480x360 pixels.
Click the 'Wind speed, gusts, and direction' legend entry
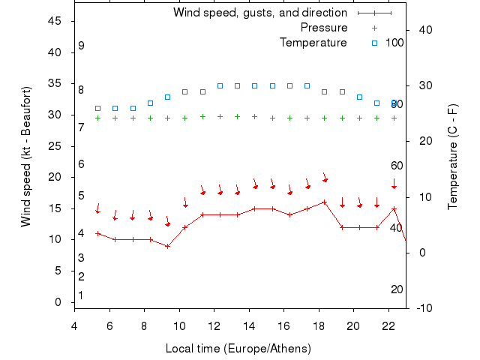tap(259, 13)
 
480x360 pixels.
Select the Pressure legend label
tap(323, 28)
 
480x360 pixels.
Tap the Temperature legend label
tap(313, 43)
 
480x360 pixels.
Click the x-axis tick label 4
tap(74, 325)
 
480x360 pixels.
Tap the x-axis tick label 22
tap(388, 325)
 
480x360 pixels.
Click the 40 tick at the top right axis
tap(423, 30)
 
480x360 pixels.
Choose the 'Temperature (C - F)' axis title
tap(454, 157)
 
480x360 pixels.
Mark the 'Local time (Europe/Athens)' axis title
tap(238, 349)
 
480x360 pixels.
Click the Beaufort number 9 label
tap(81, 46)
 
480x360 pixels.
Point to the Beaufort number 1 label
tap(80, 295)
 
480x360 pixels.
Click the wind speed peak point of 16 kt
tap(324, 202)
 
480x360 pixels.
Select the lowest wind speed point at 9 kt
tap(168, 246)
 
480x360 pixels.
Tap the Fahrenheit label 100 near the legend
tap(394, 43)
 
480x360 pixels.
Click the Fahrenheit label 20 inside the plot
tap(397, 289)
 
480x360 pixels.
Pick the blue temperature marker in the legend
tap(375, 43)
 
